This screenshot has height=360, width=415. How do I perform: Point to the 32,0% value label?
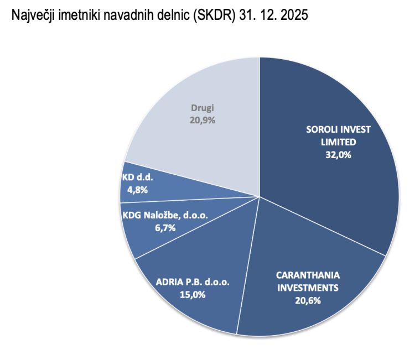tap(338, 155)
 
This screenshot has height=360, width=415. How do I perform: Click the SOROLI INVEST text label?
tap(338, 129)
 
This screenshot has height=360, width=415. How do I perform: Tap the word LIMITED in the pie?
tap(339, 142)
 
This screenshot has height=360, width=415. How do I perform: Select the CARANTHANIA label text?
tap(308, 275)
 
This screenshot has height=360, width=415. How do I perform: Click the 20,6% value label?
tap(308, 301)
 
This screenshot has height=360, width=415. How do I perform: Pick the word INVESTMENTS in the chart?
tap(308, 288)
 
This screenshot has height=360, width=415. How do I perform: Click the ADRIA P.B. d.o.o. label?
tap(193, 282)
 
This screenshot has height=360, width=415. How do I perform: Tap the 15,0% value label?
tap(193, 295)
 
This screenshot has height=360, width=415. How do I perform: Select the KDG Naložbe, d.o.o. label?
tap(165, 215)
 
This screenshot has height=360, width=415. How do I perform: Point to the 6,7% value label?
tap(165, 228)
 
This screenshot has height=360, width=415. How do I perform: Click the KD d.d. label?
tap(138, 177)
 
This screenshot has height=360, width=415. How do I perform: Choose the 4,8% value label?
tap(138, 190)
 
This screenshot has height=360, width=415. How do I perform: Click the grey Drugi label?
tap(203, 108)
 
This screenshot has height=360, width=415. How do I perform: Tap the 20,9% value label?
tap(203, 121)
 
